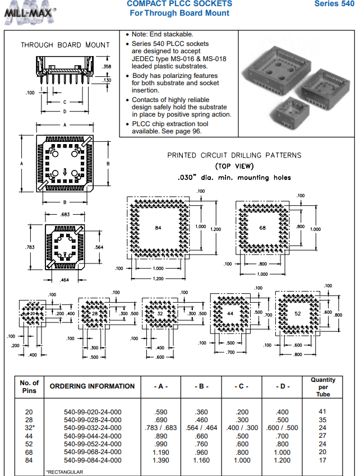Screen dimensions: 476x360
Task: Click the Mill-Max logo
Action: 30,12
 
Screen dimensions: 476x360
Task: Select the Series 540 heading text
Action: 334,4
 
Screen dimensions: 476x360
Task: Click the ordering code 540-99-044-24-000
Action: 93,436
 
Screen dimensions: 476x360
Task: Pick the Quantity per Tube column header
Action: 322,387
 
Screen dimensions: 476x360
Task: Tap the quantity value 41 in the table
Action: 322,412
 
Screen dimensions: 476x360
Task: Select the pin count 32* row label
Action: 29,428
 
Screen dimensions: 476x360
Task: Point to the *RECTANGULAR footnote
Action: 64,472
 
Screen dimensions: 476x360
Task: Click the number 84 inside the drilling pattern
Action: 158,227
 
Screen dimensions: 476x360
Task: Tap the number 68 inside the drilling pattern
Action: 262,228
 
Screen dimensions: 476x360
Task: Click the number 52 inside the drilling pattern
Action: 297,313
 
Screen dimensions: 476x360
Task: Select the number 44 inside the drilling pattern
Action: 230,314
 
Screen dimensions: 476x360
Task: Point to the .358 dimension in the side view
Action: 107,67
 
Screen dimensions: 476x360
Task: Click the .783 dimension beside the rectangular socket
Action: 30,247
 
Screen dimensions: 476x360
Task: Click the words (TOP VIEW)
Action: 234,166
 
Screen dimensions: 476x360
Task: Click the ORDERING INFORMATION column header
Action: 93,386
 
